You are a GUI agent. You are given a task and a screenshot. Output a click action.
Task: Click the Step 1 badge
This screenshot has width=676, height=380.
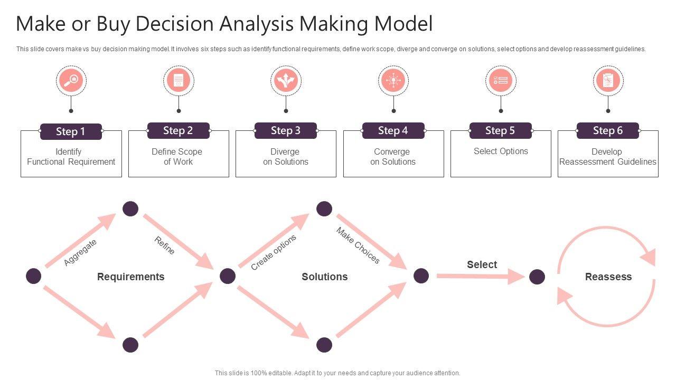pyautogui.click(x=71, y=131)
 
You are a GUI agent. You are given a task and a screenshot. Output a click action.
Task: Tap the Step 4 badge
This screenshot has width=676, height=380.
pyautogui.click(x=393, y=130)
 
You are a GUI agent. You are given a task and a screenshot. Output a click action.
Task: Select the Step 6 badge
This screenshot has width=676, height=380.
pyautogui.click(x=608, y=130)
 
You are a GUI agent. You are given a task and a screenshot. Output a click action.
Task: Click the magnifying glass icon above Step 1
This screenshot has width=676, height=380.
pyautogui.click(x=71, y=81)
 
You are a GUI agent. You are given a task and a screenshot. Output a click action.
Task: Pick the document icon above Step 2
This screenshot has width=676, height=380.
pyautogui.click(x=179, y=81)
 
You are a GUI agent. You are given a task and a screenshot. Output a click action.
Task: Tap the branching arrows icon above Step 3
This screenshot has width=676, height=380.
pyautogui.click(x=286, y=81)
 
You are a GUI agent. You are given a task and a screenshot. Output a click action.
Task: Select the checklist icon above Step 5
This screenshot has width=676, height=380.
pyautogui.click(x=501, y=81)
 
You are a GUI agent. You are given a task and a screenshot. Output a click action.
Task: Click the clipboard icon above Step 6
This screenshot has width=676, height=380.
pyautogui.click(x=608, y=81)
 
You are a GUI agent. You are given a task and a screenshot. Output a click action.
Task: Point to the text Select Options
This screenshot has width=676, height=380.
pyautogui.click(x=501, y=151)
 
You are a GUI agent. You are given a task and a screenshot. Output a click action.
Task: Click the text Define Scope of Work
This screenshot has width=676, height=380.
pyautogui.click(x=177, y=157)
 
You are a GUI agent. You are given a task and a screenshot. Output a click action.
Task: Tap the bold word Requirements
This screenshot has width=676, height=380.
pyautogui.click(x=130, y=277)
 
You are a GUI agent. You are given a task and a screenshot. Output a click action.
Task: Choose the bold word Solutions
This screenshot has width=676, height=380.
pyautogui.click(x=324, y=277)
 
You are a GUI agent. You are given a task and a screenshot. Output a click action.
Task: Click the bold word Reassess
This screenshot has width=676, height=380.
pyautogui.click(x=608, y=277)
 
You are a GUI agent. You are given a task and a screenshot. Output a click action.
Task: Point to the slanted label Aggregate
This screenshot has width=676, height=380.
pyautogui.click(x=80, y=252)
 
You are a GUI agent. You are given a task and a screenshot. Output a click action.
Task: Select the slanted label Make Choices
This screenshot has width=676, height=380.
pyautogui.click(x=358, y=245)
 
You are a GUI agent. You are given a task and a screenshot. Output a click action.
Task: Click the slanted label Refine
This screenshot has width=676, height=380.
pyautogui.click(x=164, y=245)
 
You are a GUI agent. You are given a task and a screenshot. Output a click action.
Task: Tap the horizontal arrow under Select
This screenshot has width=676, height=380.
pyautogui.click(x=481, y=276)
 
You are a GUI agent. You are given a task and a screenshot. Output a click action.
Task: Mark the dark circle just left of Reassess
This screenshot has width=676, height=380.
pyautogui.click(x=537, y=277)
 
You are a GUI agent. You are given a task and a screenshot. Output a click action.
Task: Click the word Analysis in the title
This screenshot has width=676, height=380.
pyautogui.click(x=256, y=24)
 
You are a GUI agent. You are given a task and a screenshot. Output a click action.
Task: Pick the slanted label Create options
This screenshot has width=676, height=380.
pyautogui.click(x=274, y=252)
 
